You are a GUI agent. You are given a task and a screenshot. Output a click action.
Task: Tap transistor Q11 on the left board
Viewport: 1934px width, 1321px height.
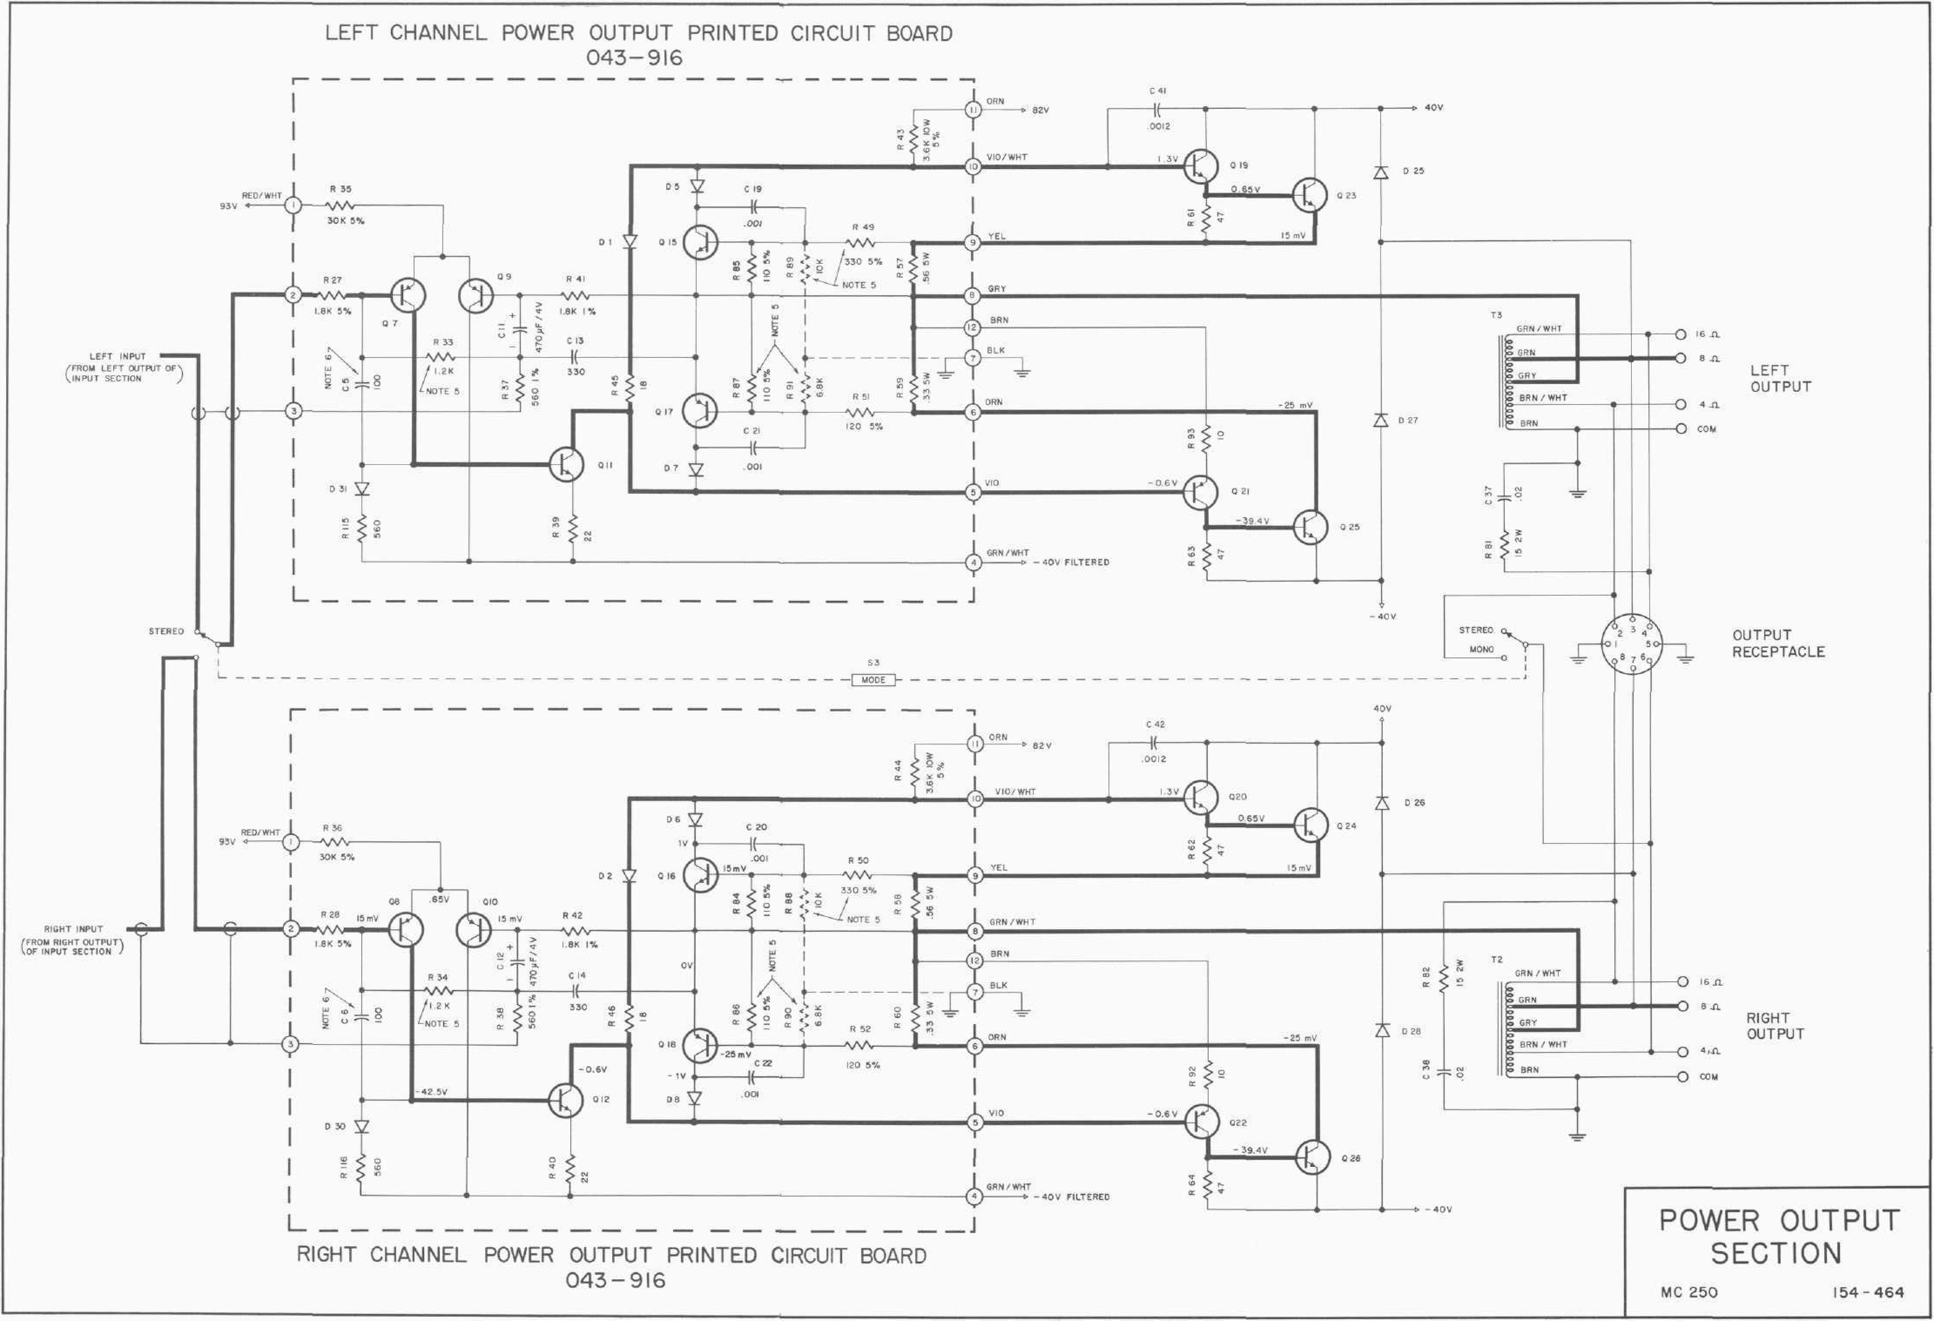tap(566, 465)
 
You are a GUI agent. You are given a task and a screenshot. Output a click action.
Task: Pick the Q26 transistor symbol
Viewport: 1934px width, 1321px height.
tap(1311, 1157)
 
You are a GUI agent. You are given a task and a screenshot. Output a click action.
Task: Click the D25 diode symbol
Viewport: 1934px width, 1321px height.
tap(1381, 172)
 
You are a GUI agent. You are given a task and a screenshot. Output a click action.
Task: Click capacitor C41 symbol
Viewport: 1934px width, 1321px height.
tap(1158, 108)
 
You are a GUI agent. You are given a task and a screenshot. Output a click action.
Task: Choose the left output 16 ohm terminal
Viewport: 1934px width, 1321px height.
tap(1680, 335)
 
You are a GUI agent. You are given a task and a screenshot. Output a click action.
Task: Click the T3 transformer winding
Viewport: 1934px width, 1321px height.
tap(1508, 381)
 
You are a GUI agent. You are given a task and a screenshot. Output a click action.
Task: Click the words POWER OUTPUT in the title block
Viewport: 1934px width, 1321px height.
tap(1779, 1220)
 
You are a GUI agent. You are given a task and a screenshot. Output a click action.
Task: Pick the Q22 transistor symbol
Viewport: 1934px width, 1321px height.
tap(1201, 1121)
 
